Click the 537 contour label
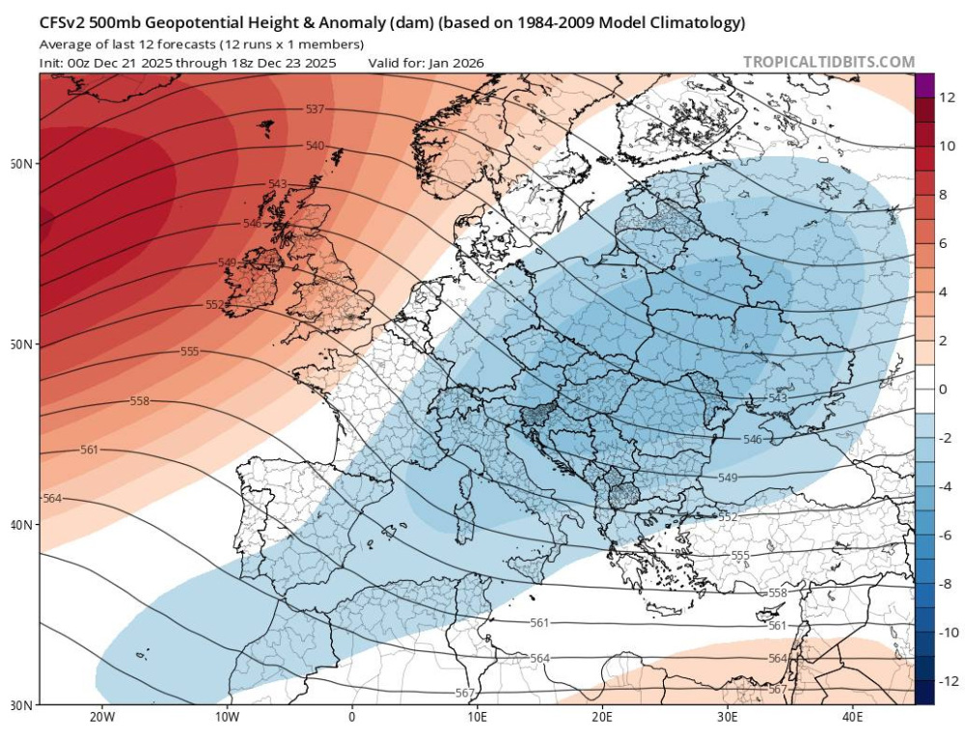click(315, 110)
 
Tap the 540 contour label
click(315, 147)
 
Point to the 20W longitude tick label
click(102, 717)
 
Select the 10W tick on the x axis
click(227, 717)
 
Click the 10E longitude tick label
click(477, 717)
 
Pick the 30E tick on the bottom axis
click(728, 717)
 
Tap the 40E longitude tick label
click(852, 717)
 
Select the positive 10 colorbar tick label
click(948, 146)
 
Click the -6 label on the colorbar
click(946, 535)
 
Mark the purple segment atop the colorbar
click(924, 85)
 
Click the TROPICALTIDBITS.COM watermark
click(828, 63)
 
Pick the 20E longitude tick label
click(602, 717)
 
